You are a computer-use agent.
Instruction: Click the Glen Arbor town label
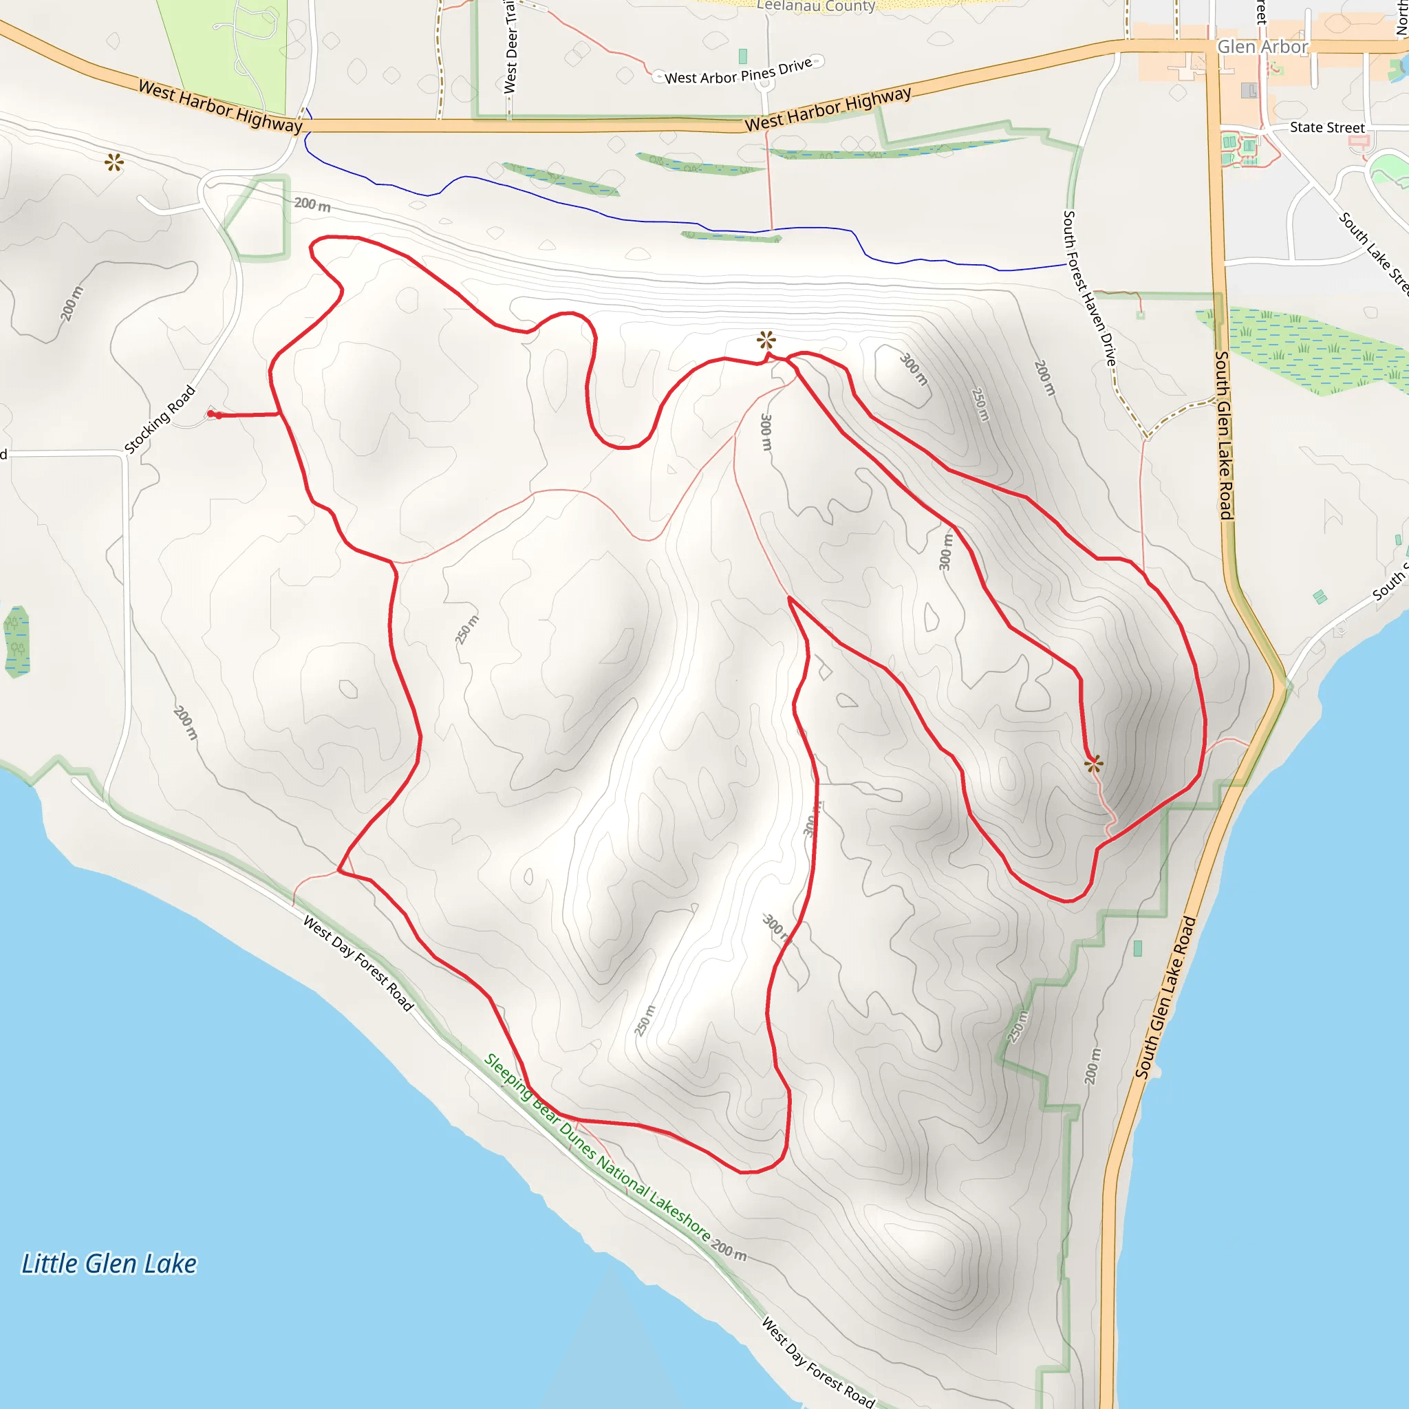tap(1262, 47)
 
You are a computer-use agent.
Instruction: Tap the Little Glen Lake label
tap(109, 1264)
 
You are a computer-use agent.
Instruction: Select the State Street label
tap(1326, 128)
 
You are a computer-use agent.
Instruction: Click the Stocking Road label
tap(160, 420)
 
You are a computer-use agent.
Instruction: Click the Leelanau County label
tap(815, 6)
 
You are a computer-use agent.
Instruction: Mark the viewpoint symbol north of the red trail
tap(766, 339)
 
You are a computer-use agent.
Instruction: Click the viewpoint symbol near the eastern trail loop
tap(1093, 764)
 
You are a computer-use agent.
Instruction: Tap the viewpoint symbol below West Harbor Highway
tap(114, 162)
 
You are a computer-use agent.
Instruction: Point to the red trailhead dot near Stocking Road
tap(211, 414)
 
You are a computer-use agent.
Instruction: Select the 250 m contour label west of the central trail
tap(467, 630)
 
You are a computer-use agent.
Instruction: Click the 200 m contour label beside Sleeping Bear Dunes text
tap(729, 1249)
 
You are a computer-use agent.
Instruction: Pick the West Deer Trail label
tap(510, 47)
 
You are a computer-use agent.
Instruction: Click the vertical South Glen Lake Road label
tap(1223, 435)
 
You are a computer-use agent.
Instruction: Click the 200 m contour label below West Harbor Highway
tap(312, 204)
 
